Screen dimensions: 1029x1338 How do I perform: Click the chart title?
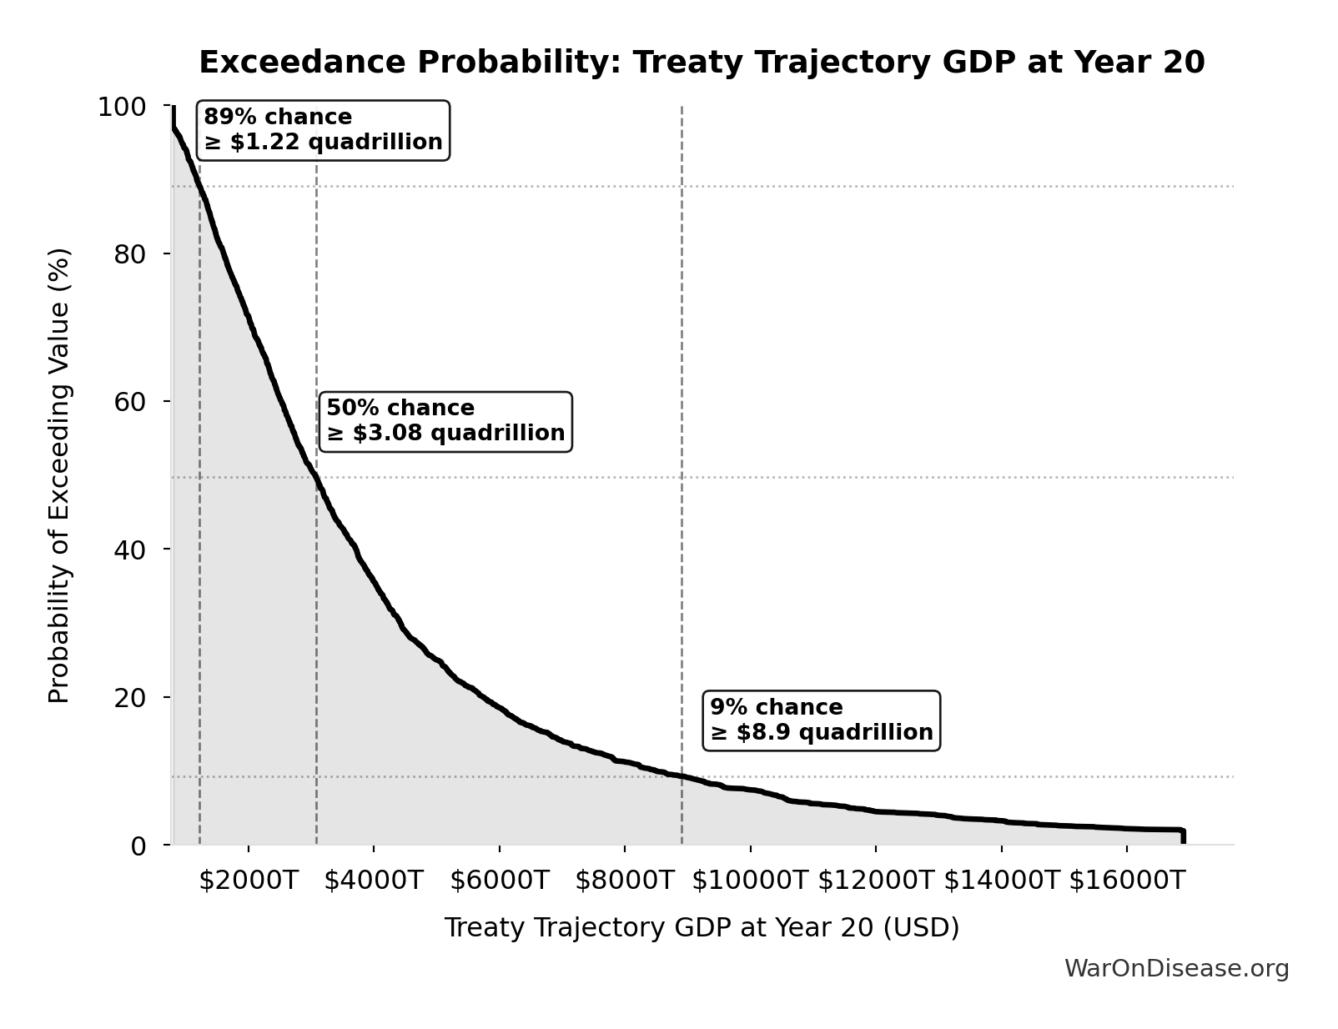[702, 63]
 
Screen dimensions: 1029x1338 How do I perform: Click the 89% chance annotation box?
[323, 130]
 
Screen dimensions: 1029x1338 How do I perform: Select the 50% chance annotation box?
[445, 421]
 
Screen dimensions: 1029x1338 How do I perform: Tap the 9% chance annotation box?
[821, 720]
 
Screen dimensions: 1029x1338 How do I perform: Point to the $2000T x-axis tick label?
[248, 881]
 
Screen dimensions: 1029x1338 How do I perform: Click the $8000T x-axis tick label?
[624, 881]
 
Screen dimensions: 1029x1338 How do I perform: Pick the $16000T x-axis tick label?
[1127, 881]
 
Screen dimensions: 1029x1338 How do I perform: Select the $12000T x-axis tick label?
[876, 881]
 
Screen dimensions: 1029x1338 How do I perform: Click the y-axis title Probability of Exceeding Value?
[59, 475]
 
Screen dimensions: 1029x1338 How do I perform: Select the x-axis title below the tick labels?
[702, 928]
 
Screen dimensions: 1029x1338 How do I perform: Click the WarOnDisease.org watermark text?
[1176, 969]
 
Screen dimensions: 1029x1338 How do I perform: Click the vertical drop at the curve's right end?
[1183, 836]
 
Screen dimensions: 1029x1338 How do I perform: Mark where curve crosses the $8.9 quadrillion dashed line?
[682, 776]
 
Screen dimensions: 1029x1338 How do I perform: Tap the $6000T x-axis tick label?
[499, 881]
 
